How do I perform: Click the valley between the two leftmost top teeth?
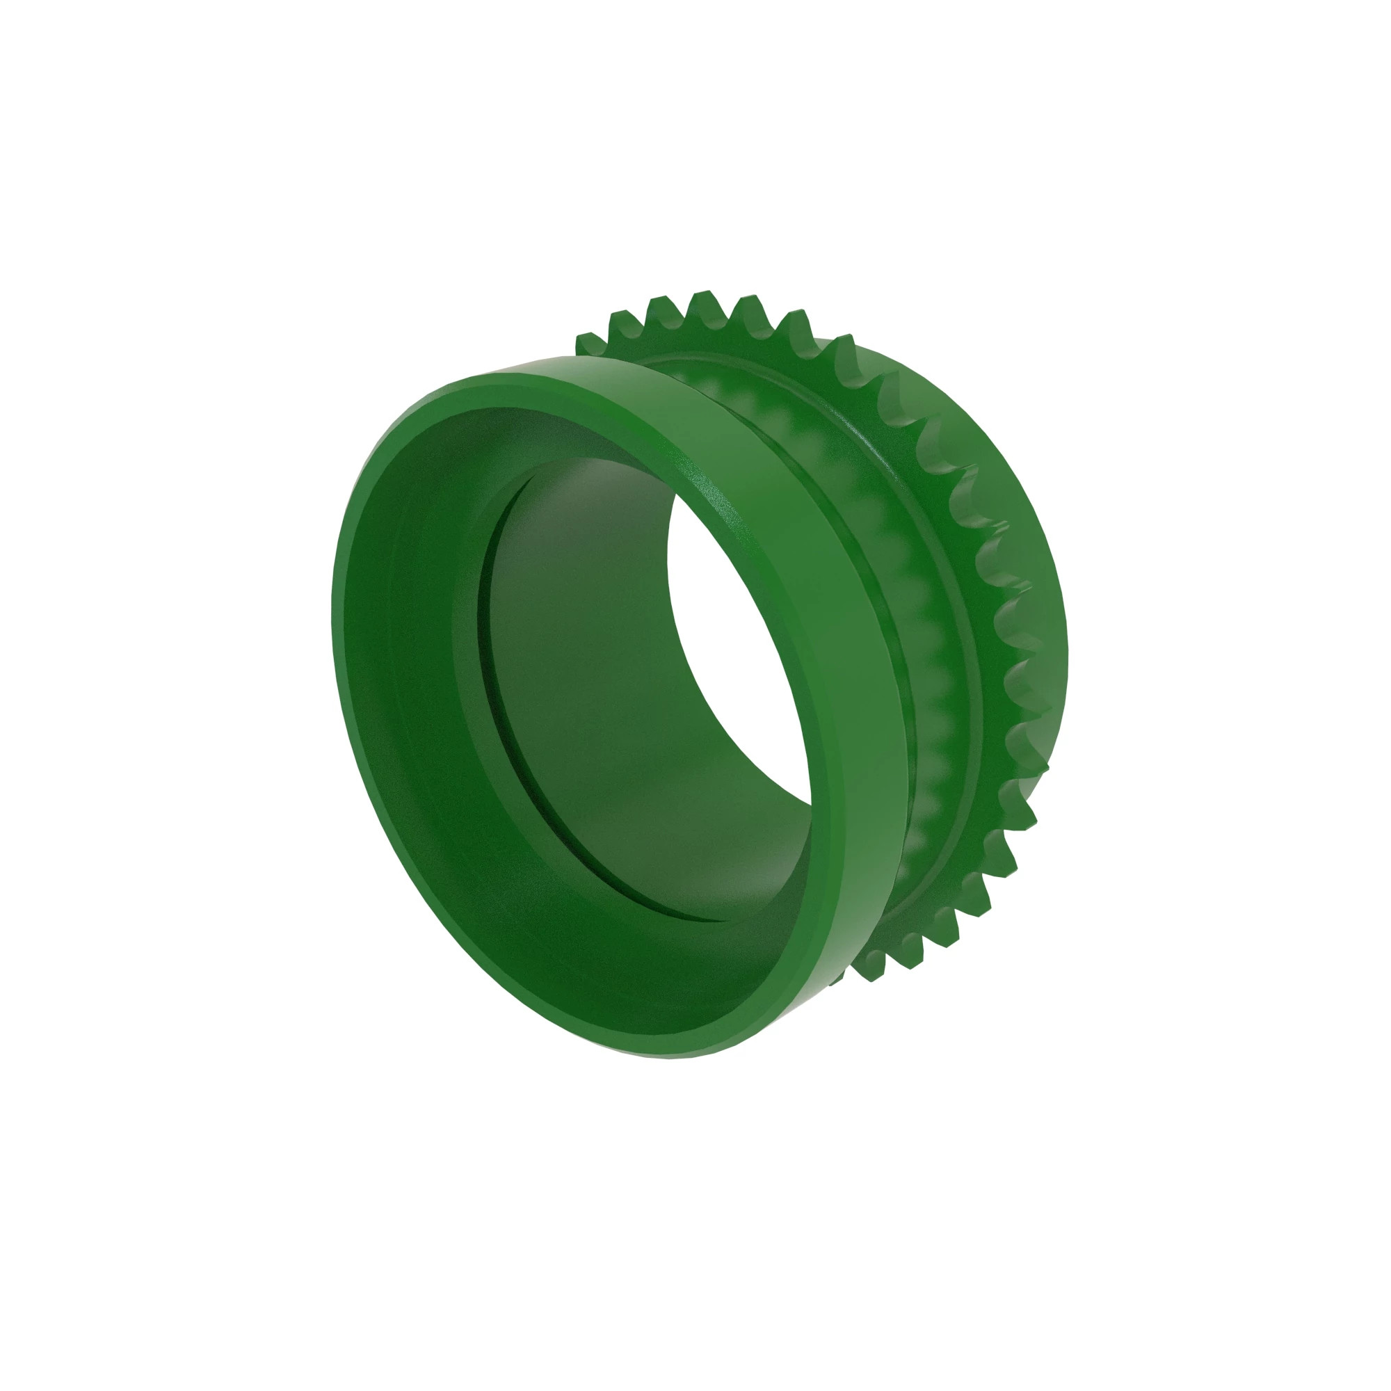[605, 335]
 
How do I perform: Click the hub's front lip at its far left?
[339, 648]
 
